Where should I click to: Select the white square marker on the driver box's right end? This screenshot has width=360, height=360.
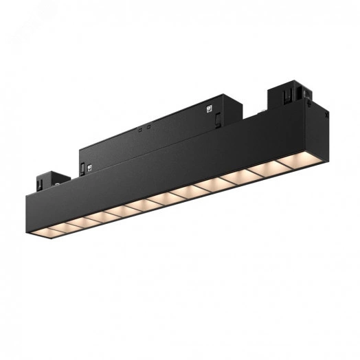[207, 108]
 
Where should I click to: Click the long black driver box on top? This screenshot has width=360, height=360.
[158, 127]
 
